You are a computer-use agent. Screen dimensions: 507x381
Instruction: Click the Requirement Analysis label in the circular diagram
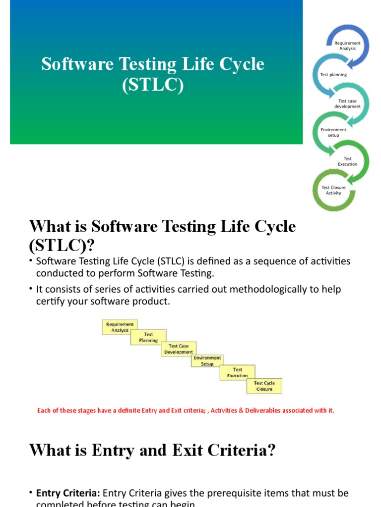(347, 46)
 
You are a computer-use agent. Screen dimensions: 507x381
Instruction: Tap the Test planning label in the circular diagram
(334, 75)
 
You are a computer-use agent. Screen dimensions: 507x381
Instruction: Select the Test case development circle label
(347, 103)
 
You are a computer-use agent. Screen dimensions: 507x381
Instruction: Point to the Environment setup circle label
(333, 132)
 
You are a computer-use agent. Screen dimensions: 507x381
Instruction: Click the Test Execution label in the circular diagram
(347, 161)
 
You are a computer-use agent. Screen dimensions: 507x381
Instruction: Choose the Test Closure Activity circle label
(333, 190)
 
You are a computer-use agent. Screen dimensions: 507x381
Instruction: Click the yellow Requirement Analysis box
(119, 327)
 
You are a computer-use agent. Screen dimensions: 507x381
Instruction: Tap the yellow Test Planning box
(148, 337)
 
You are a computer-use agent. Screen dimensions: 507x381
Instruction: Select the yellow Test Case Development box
(179, 349)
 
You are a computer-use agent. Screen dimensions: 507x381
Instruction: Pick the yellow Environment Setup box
(207, 360)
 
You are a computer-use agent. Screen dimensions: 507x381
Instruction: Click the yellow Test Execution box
(238, 372)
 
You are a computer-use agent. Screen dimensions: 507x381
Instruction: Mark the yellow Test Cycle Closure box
(264, 386)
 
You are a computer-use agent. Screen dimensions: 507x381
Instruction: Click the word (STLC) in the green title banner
(153, 85)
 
